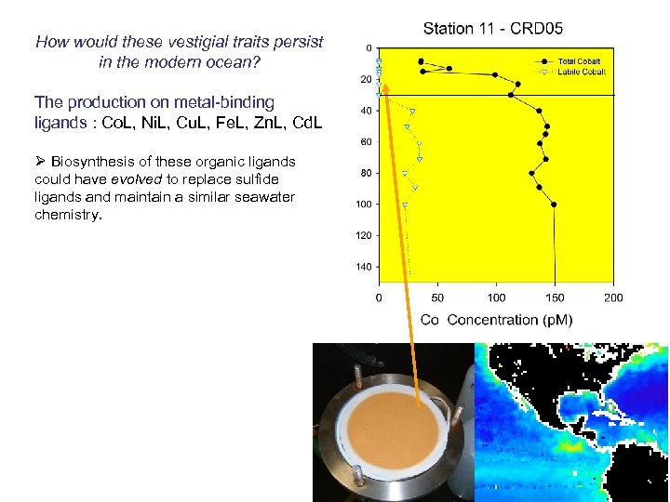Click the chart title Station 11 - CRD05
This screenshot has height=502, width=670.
[493, 28]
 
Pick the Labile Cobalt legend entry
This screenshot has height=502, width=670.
[582, 72]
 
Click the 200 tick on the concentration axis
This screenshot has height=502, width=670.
[613, 297]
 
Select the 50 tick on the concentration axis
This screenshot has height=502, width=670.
[437, 297]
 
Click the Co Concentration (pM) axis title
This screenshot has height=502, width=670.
[496, 320]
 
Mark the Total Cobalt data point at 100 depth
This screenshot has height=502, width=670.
[555, 205]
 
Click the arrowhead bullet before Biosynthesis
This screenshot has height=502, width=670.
[40, 161]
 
